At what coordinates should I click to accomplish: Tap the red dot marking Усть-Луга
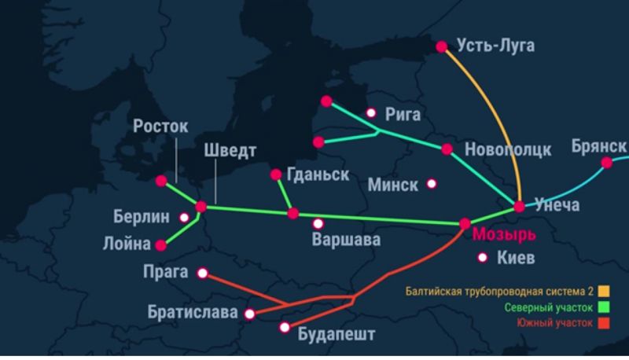pyautogui.click(x=443, y=46)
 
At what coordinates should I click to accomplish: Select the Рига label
pyautogui.click(x=403, y=115)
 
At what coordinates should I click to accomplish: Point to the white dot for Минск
pyautogui.click(x=432, y=184)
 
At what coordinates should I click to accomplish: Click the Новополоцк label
pyautogui.click(x=509, y=149)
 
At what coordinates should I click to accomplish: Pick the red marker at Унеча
pyautogui.click(x=519, y=207)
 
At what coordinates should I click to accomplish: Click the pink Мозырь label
pyautogui.click(x=504, y=234)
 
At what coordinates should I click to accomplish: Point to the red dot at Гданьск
pyautogui.click(x=276, y=174)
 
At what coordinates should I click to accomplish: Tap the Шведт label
pyautogui.click(x=230, y=150)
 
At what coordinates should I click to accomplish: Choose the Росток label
pyautogui.click(x=161, y=126)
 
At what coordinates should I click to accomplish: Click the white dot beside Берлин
pyautogui.click(x=184, y=217)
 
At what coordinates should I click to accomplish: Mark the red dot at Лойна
pyautogui.click(x=161, y=244)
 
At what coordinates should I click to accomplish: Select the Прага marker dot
pyautogui.click(x=203, y=274)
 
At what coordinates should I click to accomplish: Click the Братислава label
pyautogui.click(x=192, y=313)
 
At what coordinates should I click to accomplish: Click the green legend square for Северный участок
pyautogui.click(x=604, y=307)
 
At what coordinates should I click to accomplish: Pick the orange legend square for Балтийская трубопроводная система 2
pyautogui.click(x=604, y=291)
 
